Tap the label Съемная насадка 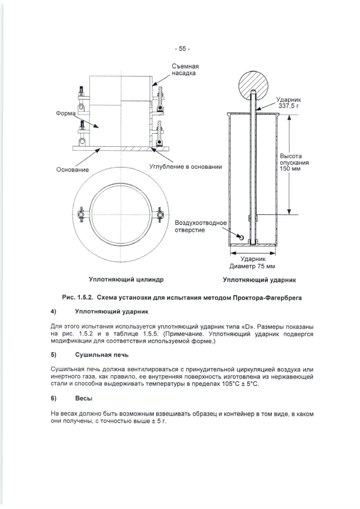[183, 70]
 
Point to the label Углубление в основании [186, 166]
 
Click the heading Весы [84, 399]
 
